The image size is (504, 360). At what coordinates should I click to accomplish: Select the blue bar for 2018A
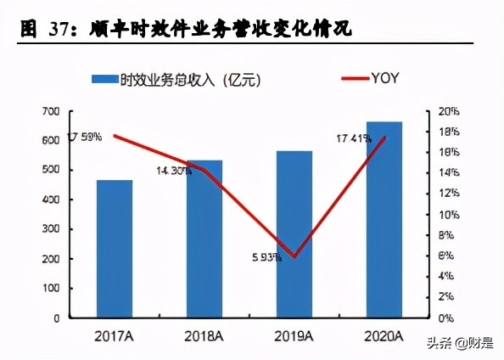pyautogui.click(x=204, y=239)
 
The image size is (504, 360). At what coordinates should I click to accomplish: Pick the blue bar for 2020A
pyautogui.click(x=384, y=220)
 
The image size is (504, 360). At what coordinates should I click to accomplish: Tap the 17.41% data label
pyautogui.click(x=354, y=138)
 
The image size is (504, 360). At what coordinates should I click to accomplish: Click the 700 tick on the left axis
pyautogui.click(x=50, y=111)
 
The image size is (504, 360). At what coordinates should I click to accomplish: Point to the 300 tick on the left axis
pyautogui.click(x=50, y=229)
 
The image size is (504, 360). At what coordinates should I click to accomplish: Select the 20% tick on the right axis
pyautogui.click(x=449, y=111)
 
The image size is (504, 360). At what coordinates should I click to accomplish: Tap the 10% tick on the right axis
pyautogui.click(x=449, y=215)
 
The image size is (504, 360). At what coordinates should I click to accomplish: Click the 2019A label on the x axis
pyautogui.click(x=294, y=337)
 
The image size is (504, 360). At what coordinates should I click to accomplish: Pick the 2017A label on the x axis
pyautogui.click(x=114, y=337)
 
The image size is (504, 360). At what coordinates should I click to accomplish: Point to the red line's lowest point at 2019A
pyautogui.click(x=294, y=256)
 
